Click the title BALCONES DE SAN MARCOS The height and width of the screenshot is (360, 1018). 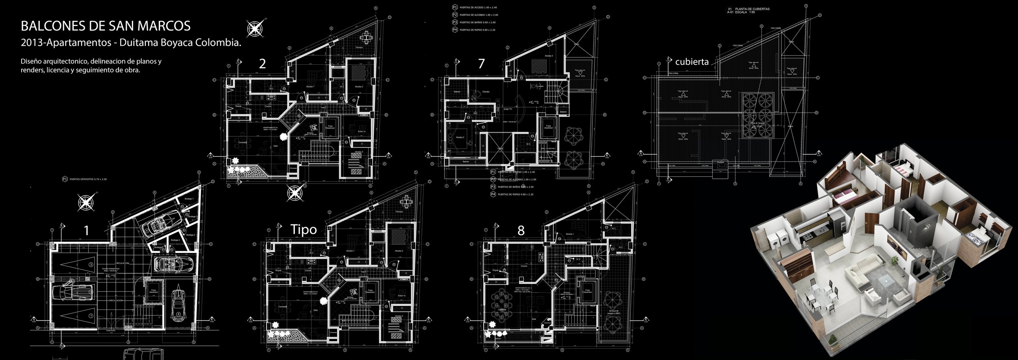click(x=105, y=26)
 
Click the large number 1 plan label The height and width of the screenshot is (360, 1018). click(x=86, y=231)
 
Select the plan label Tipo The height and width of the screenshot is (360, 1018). click(x=303, y=230)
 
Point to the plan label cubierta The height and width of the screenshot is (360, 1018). click(x=692, y=62)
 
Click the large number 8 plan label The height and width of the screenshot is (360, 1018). click(x=521, y=230)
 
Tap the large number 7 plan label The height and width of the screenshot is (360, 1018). click(x=481, y=64)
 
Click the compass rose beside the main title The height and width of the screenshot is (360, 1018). click(x=255, y=29)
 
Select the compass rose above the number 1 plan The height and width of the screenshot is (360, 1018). click(x=86, y=202)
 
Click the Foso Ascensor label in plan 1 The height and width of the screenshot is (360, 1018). click(x=153, y=291)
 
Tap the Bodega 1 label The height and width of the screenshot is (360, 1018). click(x=189, y=199)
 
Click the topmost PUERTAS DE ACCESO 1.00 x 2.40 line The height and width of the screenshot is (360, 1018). click(x=478, y=7)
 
